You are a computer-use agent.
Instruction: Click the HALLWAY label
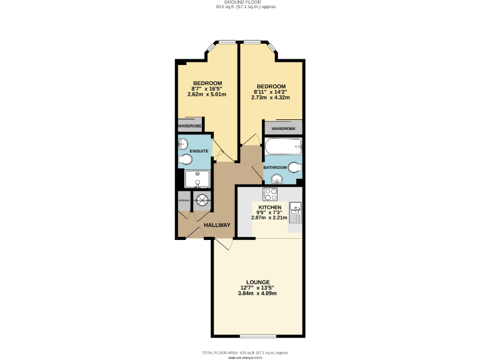(x=217, y=225)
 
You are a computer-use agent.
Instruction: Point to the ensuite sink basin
(x=182, y=143)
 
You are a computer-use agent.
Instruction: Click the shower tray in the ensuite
(x=197, y=180)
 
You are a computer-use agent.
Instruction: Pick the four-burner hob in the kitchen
(x=271, y=194)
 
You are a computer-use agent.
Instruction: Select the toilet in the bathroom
(x=295, y=167)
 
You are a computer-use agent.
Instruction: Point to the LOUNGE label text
(x=257, y=282)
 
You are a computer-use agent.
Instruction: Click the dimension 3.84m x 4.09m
(x=257, y=293)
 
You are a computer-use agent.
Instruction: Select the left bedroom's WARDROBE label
(x=189, y=126)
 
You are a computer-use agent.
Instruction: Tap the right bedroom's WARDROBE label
(x=283, y=128)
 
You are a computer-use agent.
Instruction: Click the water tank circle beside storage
(x=202, y=200)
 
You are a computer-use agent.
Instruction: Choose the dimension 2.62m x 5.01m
(x=207, y=94)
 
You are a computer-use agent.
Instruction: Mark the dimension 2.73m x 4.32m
(x=271, y=97)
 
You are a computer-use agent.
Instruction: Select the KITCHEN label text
(x=269, y=207)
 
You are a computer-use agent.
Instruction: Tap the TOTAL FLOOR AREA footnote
(x=239, y=353)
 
